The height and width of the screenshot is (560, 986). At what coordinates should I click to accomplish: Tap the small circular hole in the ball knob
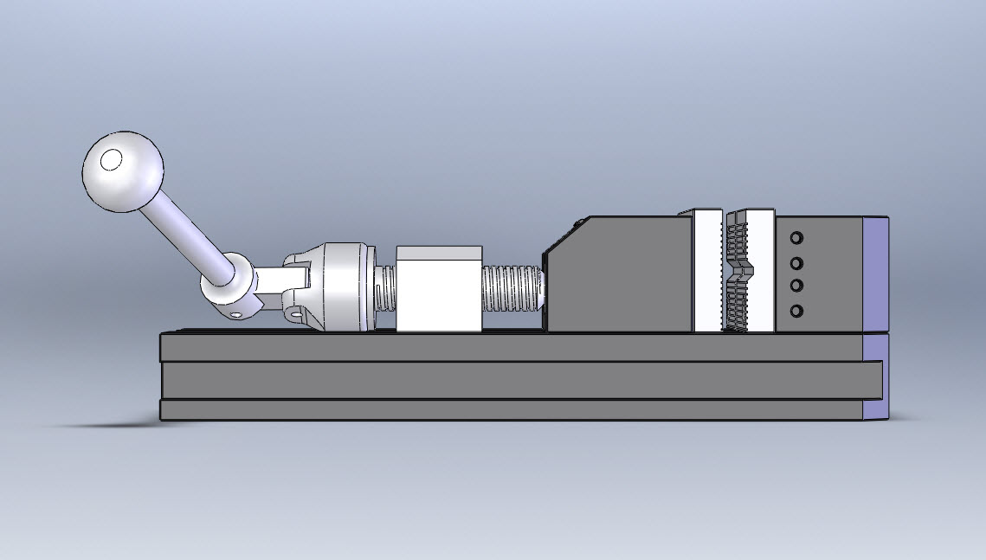[111, 160]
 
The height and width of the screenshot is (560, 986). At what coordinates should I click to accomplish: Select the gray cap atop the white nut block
[438, 254]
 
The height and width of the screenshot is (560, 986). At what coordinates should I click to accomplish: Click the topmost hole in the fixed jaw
[796, 237]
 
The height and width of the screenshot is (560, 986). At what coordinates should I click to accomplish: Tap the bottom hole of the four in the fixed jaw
[796, 311]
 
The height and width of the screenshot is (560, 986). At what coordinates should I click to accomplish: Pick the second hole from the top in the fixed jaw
[796, 263]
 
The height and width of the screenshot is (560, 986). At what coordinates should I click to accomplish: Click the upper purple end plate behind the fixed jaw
[875, 274]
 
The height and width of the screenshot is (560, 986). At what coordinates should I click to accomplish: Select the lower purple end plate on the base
[875, 377]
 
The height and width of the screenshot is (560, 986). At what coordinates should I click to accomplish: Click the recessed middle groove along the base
[511, 380]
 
